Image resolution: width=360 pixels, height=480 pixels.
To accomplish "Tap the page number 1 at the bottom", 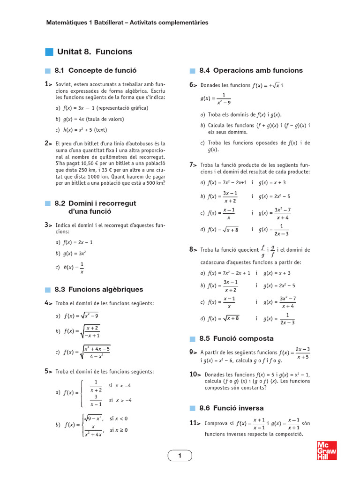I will click(180, 456).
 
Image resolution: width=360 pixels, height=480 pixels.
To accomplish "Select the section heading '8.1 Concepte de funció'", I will click(95, 70).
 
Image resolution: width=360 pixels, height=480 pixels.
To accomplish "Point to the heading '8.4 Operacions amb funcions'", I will click(251, 70).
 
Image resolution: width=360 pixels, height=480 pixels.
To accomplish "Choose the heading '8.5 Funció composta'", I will click(236, 338).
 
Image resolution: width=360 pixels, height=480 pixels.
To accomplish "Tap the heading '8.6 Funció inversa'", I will click(231, 408).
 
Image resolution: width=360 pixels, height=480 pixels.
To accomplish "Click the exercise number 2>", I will click(48, 143).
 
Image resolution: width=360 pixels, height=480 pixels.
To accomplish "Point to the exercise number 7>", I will click(193, 165).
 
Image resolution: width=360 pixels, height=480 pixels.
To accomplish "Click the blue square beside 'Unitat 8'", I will click(49, 52).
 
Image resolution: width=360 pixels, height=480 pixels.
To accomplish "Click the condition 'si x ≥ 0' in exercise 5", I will click(119, 430).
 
